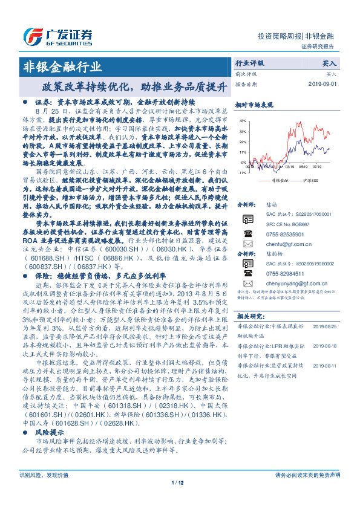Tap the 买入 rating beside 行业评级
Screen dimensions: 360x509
coord(329,63)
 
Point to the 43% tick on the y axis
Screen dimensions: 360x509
coord(242,121)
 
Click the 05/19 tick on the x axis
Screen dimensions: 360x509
coord(302,167)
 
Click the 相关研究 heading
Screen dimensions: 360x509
coord(249,316)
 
